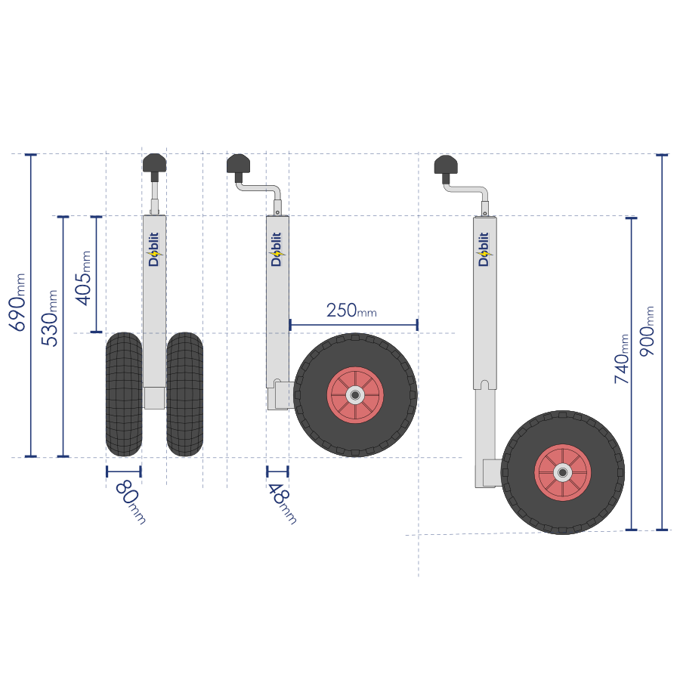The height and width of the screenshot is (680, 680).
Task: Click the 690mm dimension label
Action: (17, 302)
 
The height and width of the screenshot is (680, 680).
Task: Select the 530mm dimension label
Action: (49, 318)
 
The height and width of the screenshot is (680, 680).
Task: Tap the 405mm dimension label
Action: (83, 278)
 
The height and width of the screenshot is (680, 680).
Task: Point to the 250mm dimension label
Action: (351, 311)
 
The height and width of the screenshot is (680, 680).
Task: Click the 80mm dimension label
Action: (130, 502)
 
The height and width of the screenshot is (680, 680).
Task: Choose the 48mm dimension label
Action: (282, 503)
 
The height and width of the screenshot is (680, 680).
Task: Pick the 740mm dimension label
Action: (622, 359)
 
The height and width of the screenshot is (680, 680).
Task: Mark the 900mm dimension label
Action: (647, 332)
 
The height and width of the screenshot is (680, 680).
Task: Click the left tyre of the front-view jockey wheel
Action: (124, 394)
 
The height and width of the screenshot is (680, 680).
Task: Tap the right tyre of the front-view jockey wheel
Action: (185, 394)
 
